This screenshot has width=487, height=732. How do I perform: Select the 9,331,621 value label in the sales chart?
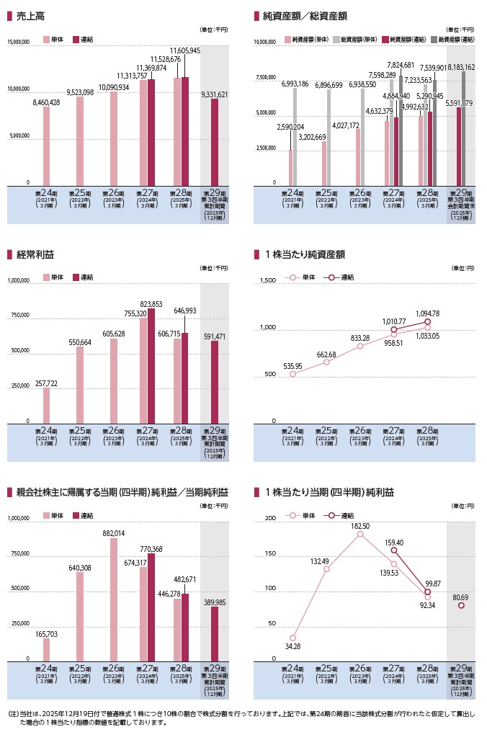(x=214, y=94)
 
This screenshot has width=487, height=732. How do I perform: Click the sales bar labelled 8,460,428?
(x=47, y=146)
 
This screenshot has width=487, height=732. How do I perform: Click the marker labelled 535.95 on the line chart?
(x=292, y=374)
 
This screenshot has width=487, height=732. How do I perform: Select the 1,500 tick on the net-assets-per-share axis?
(x=267, y=281)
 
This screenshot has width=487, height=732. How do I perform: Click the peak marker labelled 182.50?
(x=360, y=535)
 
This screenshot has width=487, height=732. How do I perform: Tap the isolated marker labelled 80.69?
(x=462, y=605)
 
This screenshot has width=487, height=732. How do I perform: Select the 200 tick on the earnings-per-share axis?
(x=271, y=519)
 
